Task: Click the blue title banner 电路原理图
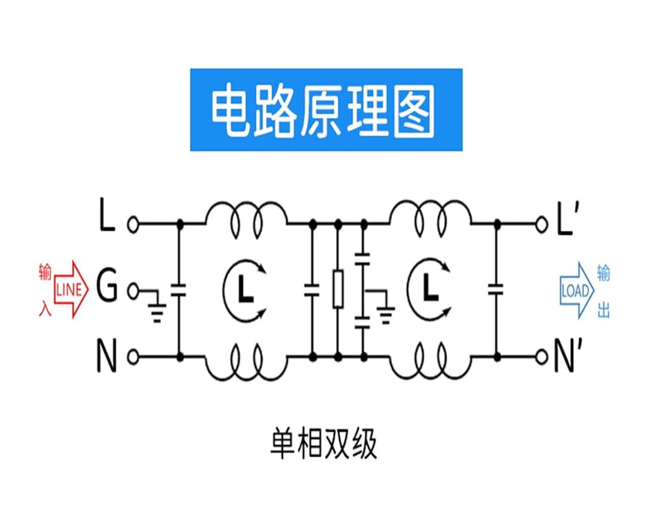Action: pos(326,110)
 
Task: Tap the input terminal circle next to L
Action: pos(133,224)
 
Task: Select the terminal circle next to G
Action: pos(133,291)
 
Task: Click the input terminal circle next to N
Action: pos(133,357)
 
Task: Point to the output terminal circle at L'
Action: pos(541,224)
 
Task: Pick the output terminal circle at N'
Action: pos(541,357)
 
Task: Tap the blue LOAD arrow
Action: pos(577,291)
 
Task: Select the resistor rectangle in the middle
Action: pos(338,289)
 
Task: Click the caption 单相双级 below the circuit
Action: pos(324,444)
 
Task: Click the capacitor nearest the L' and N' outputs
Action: pos(496,290)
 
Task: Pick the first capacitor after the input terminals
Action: pos(179,290)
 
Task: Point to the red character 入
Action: pos(45,308)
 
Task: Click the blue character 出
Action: pos(604,309)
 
